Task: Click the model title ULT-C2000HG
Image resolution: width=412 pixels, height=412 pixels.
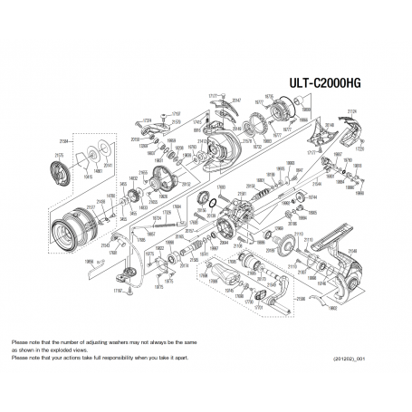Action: (340, 79)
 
